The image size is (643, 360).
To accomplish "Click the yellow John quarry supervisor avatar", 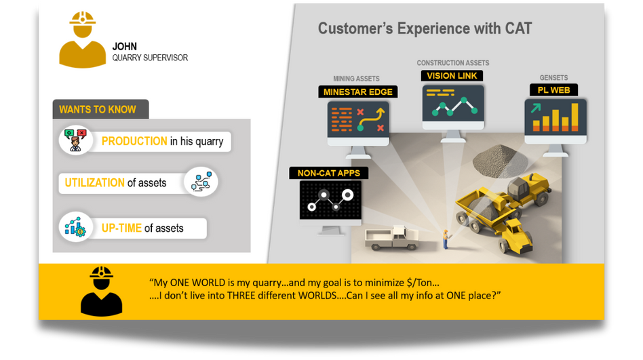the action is click(83, 40).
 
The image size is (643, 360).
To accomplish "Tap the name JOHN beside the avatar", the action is click(125, 47).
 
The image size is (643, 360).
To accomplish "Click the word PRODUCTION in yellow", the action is click(134, 141).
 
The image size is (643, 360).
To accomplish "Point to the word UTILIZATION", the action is click(95, 182).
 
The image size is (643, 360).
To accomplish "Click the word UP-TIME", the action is click(121, 228).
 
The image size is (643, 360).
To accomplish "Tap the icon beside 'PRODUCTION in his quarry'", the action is click(75, 140).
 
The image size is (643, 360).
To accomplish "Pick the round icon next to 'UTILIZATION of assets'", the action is click(201, 182).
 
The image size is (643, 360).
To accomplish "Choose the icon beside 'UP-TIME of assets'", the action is click(75, 226).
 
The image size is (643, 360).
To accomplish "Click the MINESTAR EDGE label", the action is click(358, 92).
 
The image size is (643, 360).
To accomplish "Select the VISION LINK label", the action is click(452, 76).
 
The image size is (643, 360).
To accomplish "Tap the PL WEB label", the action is click(553, 89).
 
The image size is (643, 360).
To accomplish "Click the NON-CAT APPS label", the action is click(328, 173).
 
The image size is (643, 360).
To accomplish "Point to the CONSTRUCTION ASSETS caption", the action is click(452, 63).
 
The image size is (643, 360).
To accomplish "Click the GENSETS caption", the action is click(553, 77).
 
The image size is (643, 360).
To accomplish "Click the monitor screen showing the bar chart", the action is click(556, 117).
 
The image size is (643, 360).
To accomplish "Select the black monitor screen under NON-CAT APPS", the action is click(330, 200).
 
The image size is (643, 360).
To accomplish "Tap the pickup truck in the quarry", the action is click(391, 238).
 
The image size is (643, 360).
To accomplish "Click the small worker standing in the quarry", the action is click(446, 239).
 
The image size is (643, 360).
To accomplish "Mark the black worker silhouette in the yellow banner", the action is click(101, 292).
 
